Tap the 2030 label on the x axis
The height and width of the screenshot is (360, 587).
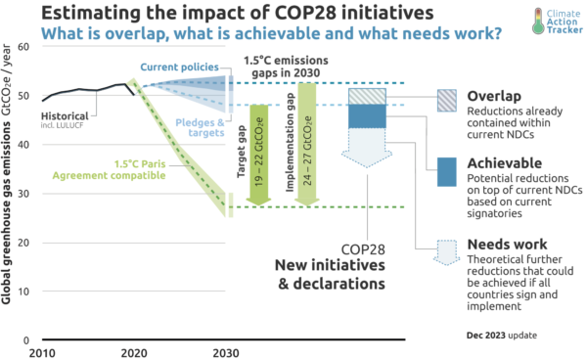point(228,352)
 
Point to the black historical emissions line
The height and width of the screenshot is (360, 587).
point(88,90)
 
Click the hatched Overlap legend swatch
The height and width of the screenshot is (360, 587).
point(445,101)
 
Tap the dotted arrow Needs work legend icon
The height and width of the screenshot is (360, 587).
point(445,251)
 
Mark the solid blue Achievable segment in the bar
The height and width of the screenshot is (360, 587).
point(366,116)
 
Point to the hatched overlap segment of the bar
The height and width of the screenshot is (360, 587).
point(366,96)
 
